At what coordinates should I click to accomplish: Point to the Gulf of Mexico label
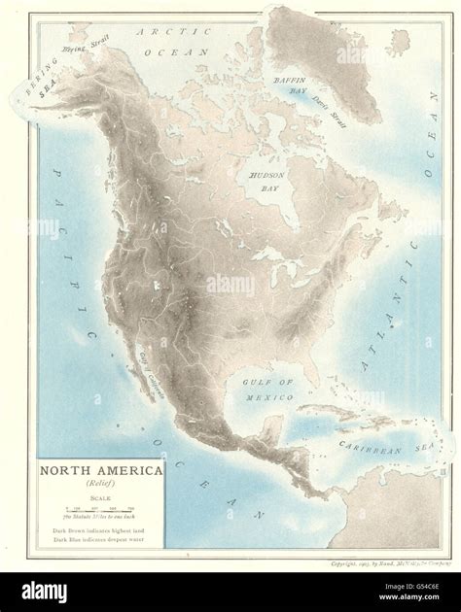point(266,389)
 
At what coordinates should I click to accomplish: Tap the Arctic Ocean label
point(167,41)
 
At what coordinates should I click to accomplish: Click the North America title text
point(101,470)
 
